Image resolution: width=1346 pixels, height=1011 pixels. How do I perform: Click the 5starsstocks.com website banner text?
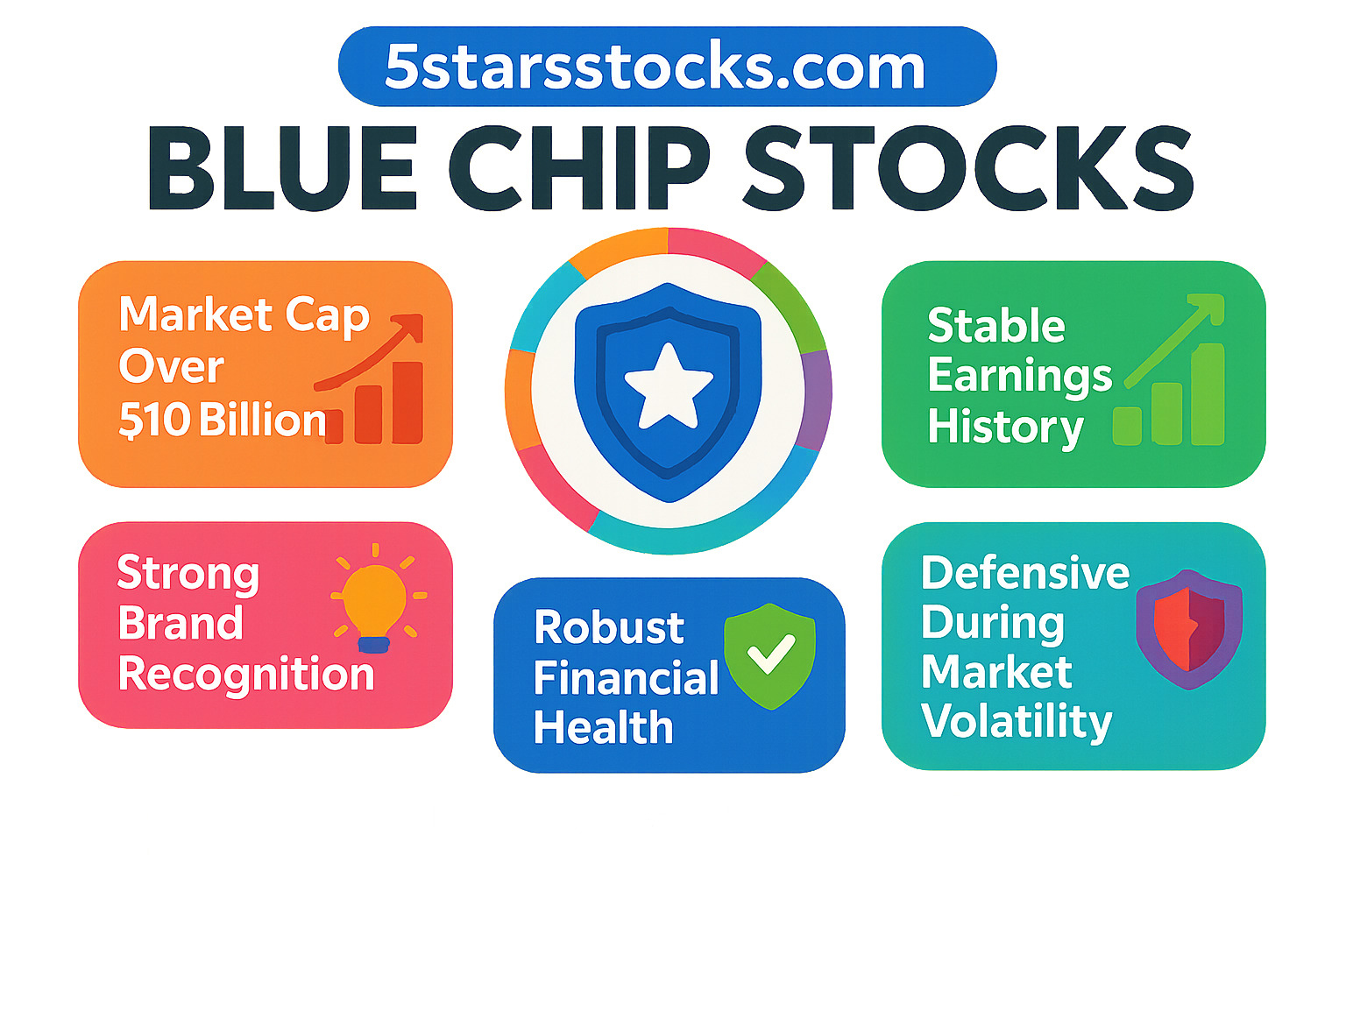(655, 67)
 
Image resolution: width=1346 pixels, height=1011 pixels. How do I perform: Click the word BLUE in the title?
(283, 168)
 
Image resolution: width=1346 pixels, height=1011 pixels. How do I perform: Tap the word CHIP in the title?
(579, 168)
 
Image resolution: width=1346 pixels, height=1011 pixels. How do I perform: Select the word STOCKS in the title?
(968, 168)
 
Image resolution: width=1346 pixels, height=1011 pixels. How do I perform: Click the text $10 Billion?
(222, 421)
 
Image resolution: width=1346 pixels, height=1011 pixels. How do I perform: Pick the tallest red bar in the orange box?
(407, 402)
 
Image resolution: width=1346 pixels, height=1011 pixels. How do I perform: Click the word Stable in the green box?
(995, 326)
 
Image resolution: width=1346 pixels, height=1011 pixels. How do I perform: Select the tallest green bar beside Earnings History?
(1207, 393)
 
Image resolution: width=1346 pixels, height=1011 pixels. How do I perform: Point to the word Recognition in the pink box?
(246, 675)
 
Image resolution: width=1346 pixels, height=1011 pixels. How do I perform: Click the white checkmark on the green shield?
(771, 654)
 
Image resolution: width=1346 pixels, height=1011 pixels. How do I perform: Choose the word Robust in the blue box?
(609, 628)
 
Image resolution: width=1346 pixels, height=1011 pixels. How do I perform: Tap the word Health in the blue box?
(604, 728)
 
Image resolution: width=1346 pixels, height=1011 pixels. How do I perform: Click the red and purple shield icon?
(1189, 629)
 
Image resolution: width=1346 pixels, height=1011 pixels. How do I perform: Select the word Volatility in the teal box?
(1017, 722)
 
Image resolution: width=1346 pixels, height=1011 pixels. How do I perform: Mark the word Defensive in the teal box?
(1025, 573)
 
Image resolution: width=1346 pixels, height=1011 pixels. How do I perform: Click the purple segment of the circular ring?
(817, 399)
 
